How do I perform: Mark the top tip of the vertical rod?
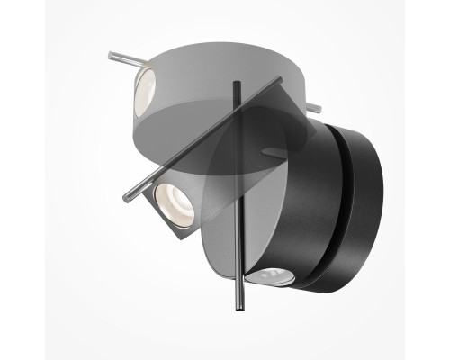[237, 84]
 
